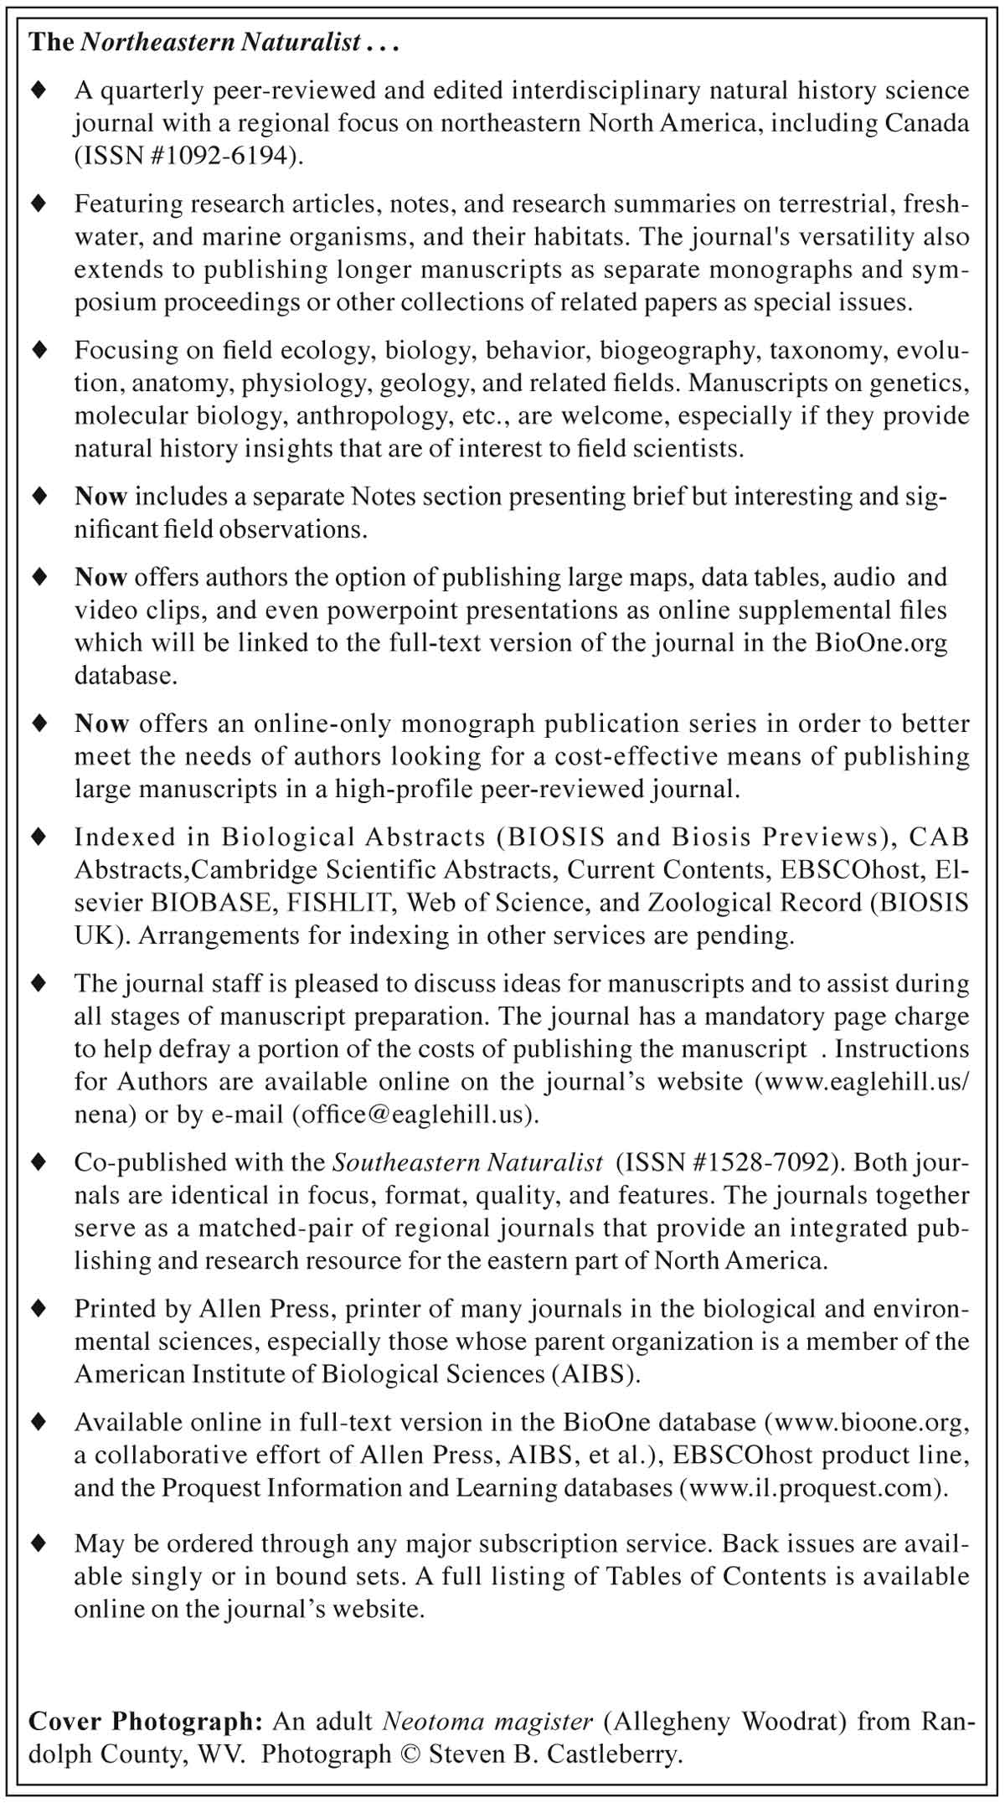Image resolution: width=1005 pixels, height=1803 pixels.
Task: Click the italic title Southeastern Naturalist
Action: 467,1162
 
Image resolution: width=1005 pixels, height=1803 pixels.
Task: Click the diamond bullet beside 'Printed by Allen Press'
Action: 38,1308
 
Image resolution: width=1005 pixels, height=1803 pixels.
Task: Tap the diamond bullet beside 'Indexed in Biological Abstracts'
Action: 38,837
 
